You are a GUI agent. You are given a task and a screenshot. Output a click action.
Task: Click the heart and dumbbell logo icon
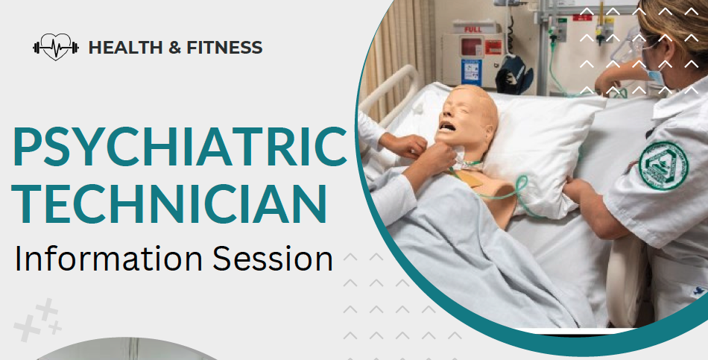coord(56,47)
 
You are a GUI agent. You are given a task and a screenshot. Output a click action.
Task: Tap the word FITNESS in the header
coord(224,48)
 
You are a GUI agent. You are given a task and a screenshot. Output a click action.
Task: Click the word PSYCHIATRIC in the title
coord(180,146)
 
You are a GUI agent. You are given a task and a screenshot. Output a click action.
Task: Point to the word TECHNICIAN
coord(169,202)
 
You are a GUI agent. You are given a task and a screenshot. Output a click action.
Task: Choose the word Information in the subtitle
coord(108,259)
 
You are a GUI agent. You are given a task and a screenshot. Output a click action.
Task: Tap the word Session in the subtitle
coord(273,259)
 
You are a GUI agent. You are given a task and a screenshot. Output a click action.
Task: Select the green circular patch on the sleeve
coord(663,165)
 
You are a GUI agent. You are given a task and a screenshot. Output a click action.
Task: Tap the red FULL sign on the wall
coord(472,29)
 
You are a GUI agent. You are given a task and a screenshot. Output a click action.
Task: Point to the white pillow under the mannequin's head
coord(542,149)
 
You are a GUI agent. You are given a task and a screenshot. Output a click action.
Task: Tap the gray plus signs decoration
coord(38,320)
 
